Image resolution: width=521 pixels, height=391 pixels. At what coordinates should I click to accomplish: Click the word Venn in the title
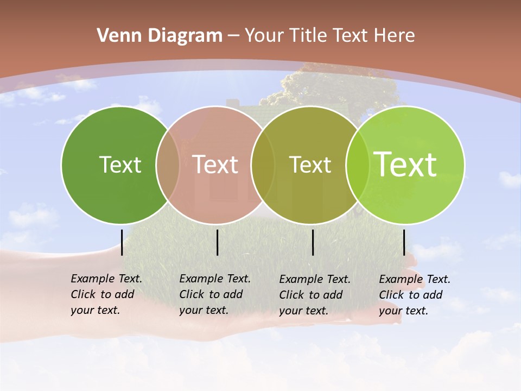116,36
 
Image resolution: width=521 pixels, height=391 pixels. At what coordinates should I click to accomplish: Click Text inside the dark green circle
120,165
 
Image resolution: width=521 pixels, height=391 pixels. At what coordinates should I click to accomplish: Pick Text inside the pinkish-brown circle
215,165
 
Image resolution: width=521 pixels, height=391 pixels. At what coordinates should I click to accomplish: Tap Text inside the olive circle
310,165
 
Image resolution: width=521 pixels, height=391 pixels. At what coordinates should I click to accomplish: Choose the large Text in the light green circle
405,164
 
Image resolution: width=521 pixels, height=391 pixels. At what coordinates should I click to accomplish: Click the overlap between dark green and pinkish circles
168,165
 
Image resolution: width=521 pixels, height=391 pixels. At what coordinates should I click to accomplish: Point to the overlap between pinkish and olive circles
263,165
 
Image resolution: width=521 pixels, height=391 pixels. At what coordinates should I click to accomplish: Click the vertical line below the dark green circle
122,242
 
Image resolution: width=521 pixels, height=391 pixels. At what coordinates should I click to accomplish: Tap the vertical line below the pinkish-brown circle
217,242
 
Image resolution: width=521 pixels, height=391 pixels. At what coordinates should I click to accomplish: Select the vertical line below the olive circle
313,242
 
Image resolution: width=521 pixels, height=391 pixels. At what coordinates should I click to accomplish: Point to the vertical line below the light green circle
404,242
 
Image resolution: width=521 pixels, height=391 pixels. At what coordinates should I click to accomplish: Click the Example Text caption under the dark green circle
106,294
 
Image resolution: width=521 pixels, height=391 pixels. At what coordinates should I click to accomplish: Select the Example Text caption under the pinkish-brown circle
215,294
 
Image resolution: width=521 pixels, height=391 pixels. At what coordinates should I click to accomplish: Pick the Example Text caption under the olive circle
315,295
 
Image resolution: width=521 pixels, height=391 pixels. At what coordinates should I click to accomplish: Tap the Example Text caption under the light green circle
415,295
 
